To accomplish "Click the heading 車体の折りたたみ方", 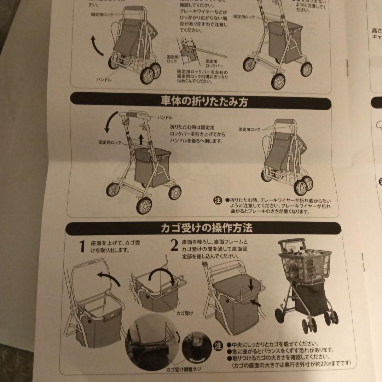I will pyautogui.click(x=204, y=102).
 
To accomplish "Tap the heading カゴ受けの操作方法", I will pyautogui.click(x=207, y=228).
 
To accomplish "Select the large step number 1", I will pyautogui.click(x=82, y=247).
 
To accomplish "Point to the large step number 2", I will pyautogui.click(x=174, y=245).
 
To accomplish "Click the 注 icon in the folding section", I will pyautogui.click(x=218, y=201).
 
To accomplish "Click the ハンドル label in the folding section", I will pyautogui.click(x=165, y=117).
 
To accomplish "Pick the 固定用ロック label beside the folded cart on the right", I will pyautogui.click(x=249, y=130).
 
